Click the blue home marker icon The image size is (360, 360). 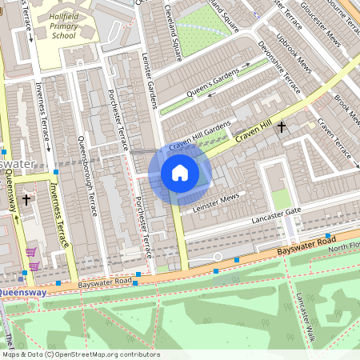[180, 173]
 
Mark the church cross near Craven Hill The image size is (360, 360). [281, 126]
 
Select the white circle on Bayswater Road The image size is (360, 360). [217, 257]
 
